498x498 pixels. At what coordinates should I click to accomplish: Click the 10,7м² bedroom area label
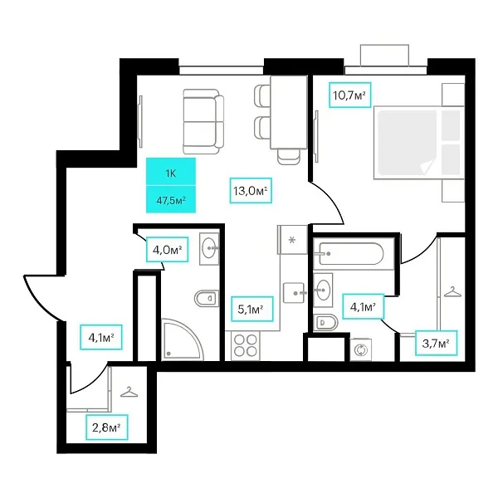[x=350, y=95]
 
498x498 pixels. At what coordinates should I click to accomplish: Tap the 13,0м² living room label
[x=251, y=191]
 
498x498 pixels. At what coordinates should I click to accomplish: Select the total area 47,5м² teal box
[x=171, y=199]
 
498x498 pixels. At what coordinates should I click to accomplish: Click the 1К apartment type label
[x=171, y=173]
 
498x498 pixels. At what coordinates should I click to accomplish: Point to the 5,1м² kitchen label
[x=251, y=309]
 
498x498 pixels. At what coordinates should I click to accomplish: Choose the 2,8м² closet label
[x=107, y=427]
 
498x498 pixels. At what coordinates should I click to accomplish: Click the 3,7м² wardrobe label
[x=437, y=343]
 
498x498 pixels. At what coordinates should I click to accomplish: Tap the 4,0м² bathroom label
[x=168, y=250]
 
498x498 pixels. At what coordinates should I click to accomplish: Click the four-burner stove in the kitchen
[x=246, y=345]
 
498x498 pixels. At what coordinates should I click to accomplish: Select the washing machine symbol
[x=361, y=350]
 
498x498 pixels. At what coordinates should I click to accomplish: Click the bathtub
[x=351, y=254]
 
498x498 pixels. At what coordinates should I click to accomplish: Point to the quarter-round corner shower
[x=183, y=339]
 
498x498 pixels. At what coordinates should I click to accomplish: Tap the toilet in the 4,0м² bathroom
[x=207, y=298]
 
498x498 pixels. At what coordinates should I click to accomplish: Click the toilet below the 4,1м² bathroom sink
[x=325, y=323]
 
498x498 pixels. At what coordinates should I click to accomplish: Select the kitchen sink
[x=295, y=293]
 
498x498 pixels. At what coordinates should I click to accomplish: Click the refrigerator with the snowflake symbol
[x=292, y=240]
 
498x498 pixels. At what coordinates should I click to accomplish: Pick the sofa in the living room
[x=203, y=122]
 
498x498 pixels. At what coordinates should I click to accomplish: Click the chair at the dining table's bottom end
[x=288, y=157]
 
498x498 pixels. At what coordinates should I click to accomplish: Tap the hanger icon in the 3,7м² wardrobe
[x=452, y=291]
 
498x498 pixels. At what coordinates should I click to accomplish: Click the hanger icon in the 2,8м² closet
[x=129, y=392]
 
